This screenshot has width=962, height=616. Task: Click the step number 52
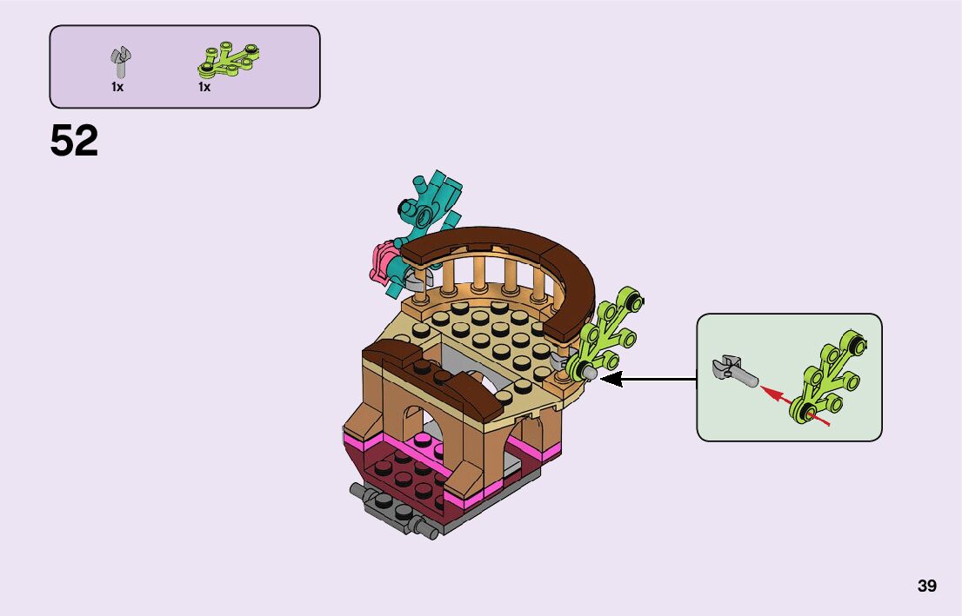click(x=74, y=141)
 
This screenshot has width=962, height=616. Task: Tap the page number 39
click(x=926, y=586)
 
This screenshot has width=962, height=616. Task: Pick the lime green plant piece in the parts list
click(x=229, y=56)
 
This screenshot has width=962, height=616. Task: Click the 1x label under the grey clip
click(x=117, y=87)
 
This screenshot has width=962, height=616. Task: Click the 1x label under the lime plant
click(x=204, y=87)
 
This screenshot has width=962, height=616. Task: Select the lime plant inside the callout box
click(x=831, y=379)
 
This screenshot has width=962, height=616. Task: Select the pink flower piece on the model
click(x=384, y=261)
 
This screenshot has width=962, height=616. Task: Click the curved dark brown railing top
click(x=522, y=248)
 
